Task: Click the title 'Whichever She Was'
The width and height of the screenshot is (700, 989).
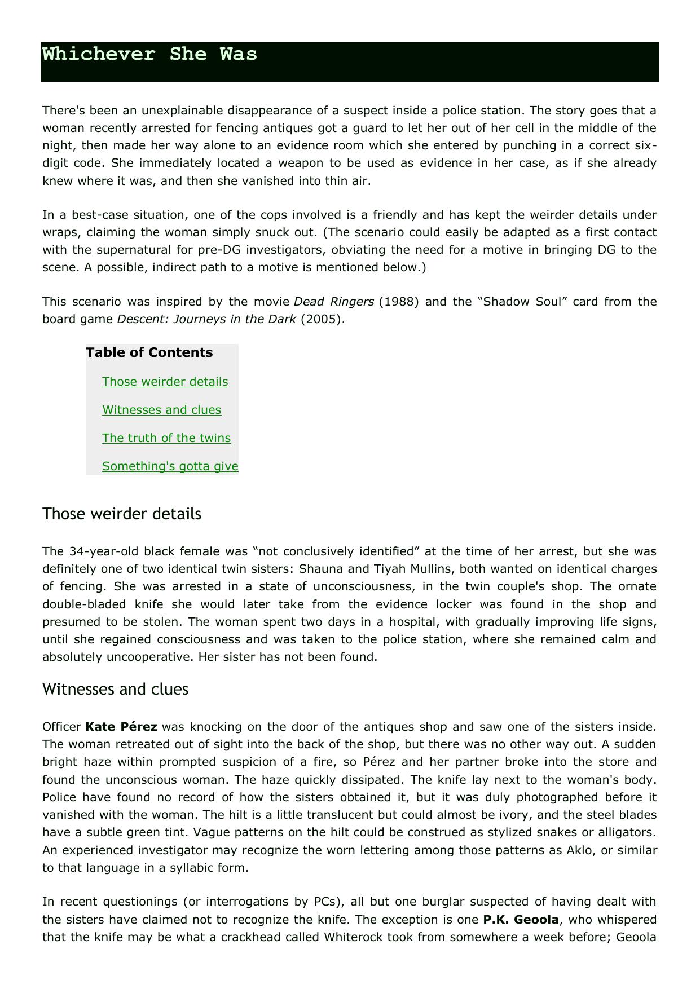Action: coord(149,54)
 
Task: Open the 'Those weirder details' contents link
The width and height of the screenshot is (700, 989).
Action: coord(165,382)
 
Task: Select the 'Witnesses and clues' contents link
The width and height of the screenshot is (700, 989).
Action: coord(161,410)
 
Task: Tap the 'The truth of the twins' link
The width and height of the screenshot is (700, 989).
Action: coord(166,438)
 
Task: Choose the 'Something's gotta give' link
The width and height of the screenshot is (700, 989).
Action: coord(170,466)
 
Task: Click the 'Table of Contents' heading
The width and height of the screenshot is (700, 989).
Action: coord(149,352)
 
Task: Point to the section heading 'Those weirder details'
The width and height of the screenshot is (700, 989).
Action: coord(121,514)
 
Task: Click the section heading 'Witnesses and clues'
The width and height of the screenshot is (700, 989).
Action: coord(115,690)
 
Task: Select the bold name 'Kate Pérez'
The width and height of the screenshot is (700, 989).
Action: coord(121,727)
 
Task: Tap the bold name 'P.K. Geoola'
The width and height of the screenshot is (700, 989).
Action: coord(521,920)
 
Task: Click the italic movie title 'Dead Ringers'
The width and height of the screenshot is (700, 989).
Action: coord(334,302)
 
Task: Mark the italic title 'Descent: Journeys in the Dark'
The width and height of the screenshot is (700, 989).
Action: coord(206,319)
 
